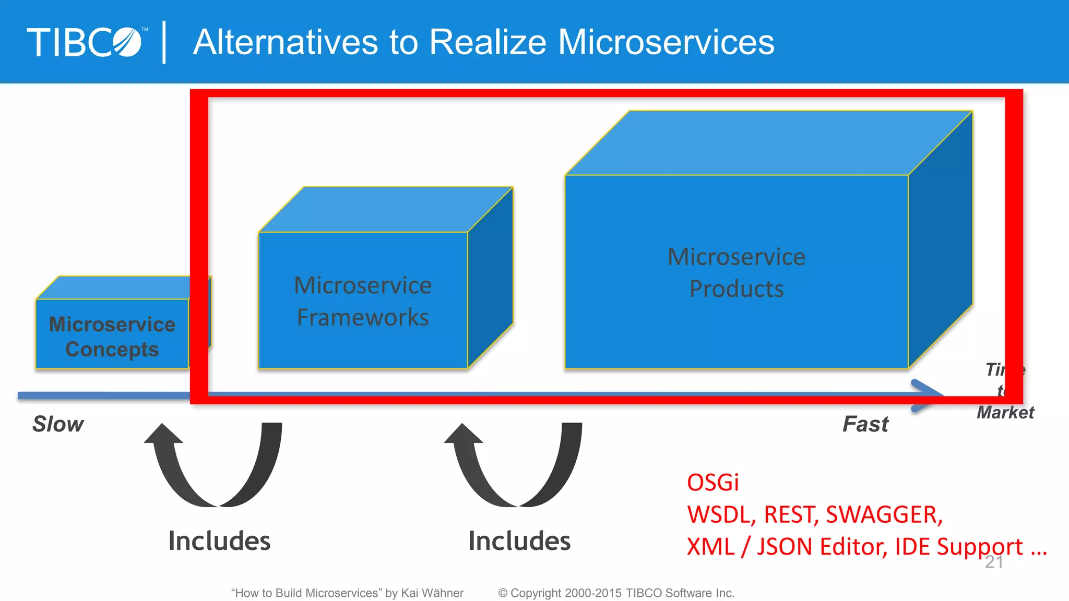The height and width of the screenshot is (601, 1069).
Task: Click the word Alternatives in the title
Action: pos(285,42)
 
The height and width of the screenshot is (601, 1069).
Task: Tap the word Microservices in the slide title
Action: pos(666,42)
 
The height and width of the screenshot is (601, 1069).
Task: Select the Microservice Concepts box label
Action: pos(112,336)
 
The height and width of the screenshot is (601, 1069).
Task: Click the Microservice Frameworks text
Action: pos(363,301)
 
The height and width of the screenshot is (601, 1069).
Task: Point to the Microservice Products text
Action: pos(737,272)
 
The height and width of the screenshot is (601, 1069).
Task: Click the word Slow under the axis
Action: pos(58,424)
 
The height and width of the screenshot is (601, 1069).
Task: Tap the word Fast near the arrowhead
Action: pos(865,424)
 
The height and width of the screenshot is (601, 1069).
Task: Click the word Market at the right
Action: pos(1005,412)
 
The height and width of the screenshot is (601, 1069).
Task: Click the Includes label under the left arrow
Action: pos(219,540)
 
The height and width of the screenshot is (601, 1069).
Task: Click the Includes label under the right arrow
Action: pos(519,540)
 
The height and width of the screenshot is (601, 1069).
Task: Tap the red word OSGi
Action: pos(713,482)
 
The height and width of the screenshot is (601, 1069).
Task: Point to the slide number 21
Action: pos(994,562)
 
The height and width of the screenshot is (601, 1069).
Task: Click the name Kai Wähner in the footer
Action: pos(432,593)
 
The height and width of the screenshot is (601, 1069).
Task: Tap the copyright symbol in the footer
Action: pos(503,593)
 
